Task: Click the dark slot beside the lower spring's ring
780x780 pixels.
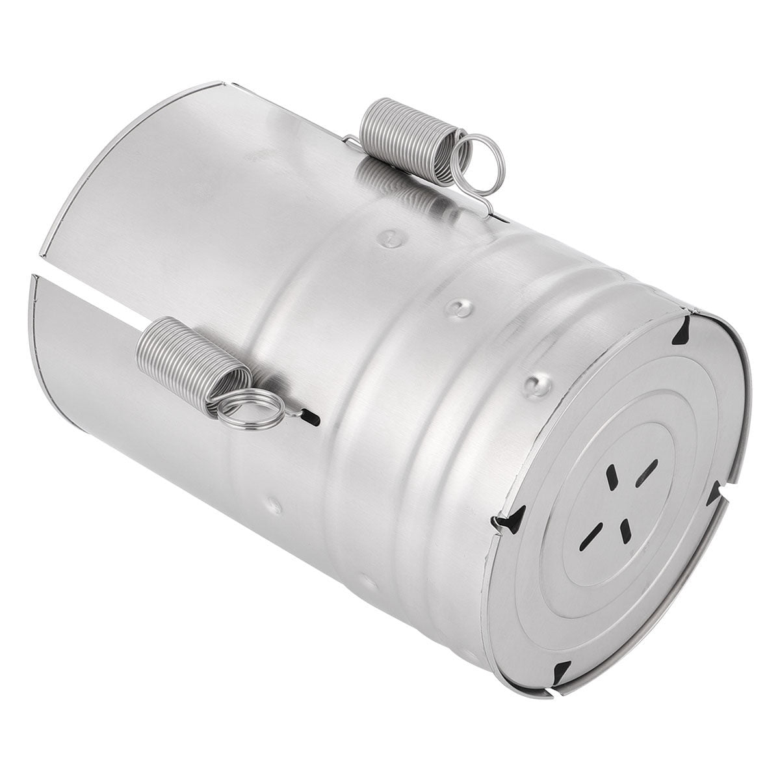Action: pyautogui.click(x=314, y=418)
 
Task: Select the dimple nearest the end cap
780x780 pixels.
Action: pyautogui.click(x=537, y=385)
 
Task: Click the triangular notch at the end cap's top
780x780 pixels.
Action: pyautogui.click(x=682, y=331)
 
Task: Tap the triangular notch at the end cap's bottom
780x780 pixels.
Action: pyautogui.click(x=560, y=671)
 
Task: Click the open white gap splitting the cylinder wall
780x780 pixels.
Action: pyautogui.click(x=97, y=292)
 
